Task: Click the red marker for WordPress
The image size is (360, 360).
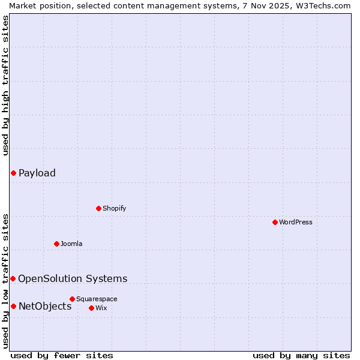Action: [275, 222]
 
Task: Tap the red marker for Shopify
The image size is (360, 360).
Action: [98, 208]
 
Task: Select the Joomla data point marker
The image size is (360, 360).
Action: [56, 244]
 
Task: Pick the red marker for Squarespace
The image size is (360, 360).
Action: [72, 299]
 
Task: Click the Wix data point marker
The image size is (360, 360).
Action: [91, 308]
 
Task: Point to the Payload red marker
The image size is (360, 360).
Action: [13, 173]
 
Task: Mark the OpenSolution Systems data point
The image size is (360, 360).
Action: [13, 278]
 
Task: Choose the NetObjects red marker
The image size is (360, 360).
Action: [13, 306]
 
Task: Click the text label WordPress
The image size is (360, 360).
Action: [296, 222]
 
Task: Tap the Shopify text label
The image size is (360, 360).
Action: [114, 208]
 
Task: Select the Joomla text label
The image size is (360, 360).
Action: [71, 244]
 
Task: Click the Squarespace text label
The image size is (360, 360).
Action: [97, 299]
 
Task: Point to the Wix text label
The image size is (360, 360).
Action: [101, 308]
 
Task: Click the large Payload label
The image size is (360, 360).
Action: [37, 173]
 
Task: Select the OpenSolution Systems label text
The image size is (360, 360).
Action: [73, 278]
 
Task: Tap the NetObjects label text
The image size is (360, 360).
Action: [45, 306]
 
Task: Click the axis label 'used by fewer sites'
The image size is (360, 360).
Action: [62, 355]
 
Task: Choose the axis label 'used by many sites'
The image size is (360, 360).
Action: [301, 355]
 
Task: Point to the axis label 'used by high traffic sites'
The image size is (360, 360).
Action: [5, 85]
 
